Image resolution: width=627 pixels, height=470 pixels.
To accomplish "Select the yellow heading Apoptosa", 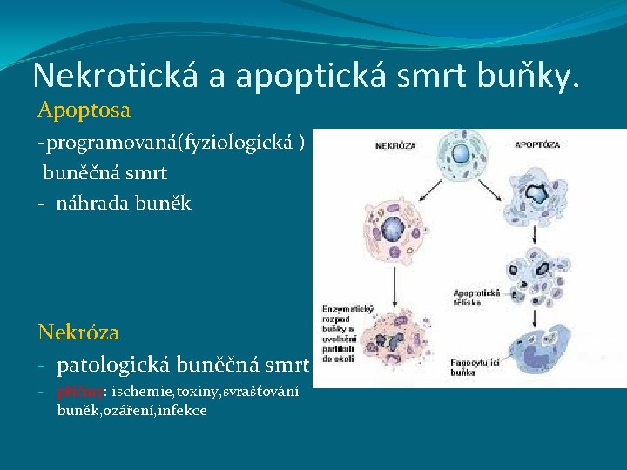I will pos(84,111).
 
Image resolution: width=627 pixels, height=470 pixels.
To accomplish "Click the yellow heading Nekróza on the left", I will pos(78,332).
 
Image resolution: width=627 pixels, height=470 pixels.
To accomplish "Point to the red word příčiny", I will pos(81,392).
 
